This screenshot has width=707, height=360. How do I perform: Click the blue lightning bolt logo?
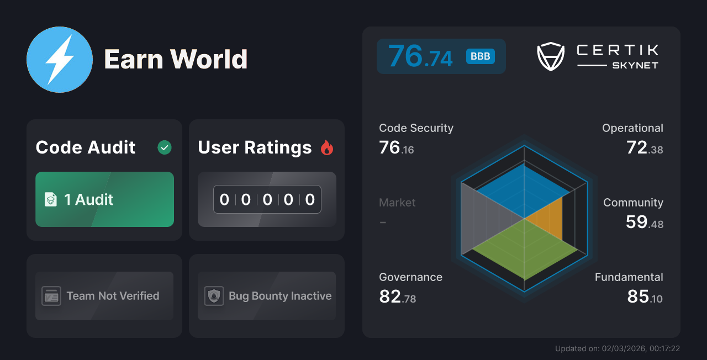(60, 60)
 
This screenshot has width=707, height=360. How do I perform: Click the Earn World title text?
(176, 59)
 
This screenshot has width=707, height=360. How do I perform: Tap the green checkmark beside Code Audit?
(165, 147)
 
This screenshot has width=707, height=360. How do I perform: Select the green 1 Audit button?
(104, 199)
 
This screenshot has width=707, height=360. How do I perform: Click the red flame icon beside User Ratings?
(327, 147)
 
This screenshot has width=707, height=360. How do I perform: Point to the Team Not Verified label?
(113, 296)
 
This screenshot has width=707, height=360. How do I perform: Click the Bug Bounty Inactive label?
(280, 296)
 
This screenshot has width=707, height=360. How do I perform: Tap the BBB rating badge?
(481, 56)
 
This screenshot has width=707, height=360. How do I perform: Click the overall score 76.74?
(420, 56)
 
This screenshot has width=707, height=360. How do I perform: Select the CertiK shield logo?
(551, 56)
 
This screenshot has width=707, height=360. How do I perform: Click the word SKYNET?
(635, 65)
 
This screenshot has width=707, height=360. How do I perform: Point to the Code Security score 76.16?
(396, 148)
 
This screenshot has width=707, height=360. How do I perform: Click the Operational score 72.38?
(645, 148)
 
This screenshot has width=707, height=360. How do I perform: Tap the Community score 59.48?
(645, 222)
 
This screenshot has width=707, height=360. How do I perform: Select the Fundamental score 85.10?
(645, 297)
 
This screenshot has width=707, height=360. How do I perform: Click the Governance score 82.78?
(397, 297)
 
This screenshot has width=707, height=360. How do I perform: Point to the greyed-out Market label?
(397, 203)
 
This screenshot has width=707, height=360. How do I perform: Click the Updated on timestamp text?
(618, 348)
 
